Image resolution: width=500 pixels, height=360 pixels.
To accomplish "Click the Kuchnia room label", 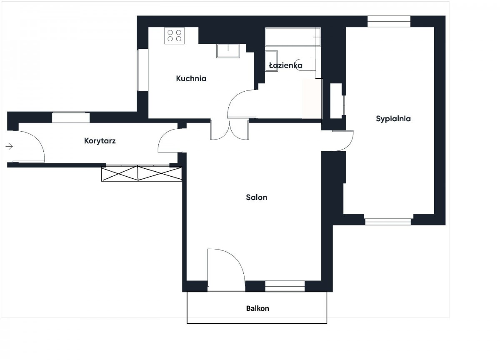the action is coord(191,79).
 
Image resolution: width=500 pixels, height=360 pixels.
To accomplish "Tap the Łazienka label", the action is coord(286,65).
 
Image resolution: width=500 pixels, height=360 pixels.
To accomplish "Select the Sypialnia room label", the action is coord(393,119).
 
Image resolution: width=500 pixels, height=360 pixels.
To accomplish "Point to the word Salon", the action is coord(257,197).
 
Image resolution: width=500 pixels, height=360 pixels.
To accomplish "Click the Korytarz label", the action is coord(100,141).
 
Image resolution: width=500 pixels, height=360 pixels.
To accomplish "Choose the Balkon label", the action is coord(257,308).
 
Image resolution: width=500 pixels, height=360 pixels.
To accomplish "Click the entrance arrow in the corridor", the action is coord(9,146).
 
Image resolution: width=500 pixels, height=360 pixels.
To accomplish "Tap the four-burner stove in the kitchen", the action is coord(175,36).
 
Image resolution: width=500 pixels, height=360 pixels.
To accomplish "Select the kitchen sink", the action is coord(228,51).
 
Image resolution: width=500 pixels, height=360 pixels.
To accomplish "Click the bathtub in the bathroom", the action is coord(293,37).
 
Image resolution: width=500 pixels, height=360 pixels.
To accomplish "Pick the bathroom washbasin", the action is coord(271,61).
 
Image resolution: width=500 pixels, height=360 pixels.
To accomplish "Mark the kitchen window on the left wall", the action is coord(142,70).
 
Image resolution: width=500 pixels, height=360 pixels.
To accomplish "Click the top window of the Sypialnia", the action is coord(389,21).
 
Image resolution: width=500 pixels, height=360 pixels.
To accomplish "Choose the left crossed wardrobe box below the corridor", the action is coord(120,173).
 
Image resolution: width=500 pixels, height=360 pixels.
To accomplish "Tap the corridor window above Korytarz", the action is coord(71,117).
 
